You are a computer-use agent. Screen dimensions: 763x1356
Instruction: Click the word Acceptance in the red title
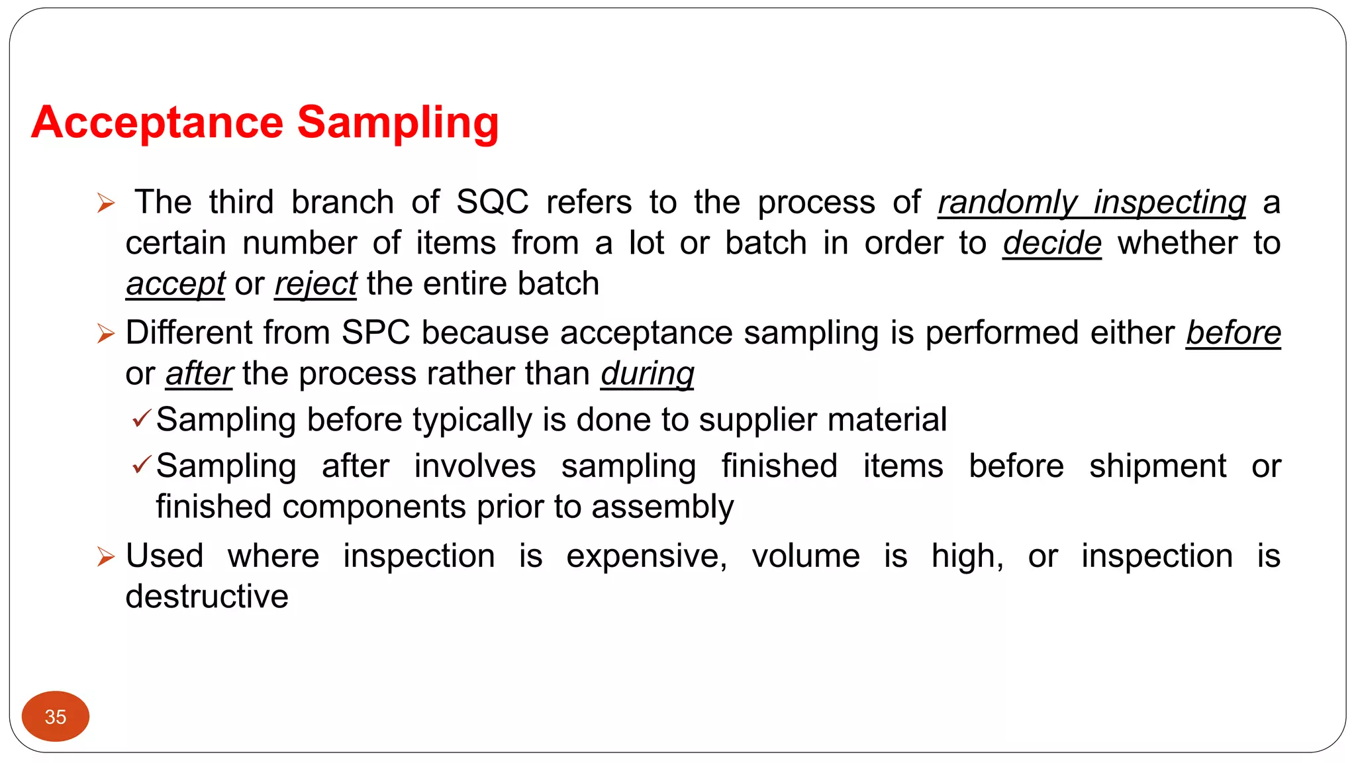[x=158, y=123]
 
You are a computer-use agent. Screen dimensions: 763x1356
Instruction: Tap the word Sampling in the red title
[x=397, y=123]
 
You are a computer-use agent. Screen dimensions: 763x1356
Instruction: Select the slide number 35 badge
[x=56, y=717]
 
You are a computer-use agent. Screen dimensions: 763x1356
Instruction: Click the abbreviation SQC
[x=493, y=202]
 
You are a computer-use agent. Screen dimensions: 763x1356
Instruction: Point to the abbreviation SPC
[x=375, y=332]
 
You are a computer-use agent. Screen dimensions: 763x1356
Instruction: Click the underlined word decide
[x=1051, y=243]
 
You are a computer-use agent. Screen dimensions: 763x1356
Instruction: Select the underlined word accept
[x=175, y=284]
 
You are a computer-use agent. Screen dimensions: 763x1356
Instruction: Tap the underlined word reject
[x=316, y=284]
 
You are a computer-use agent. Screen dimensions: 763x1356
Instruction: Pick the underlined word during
[x=648, y=374]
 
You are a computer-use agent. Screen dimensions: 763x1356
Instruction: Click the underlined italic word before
[x=1233, y=332]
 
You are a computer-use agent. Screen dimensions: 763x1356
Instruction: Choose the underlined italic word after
[x=199, y=374]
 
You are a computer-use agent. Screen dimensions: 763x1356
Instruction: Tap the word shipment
[x=1157, y=466]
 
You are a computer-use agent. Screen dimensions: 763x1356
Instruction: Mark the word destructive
[x=207, y=596]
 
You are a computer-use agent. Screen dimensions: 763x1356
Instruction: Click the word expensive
[x=646, y=556]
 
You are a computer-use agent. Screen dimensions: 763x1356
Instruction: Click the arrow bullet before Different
[x=106, y=333]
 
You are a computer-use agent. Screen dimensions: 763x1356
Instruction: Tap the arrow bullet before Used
[x=106, y=556]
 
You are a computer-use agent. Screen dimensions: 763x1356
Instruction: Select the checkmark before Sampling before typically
[x=142, y=419]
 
